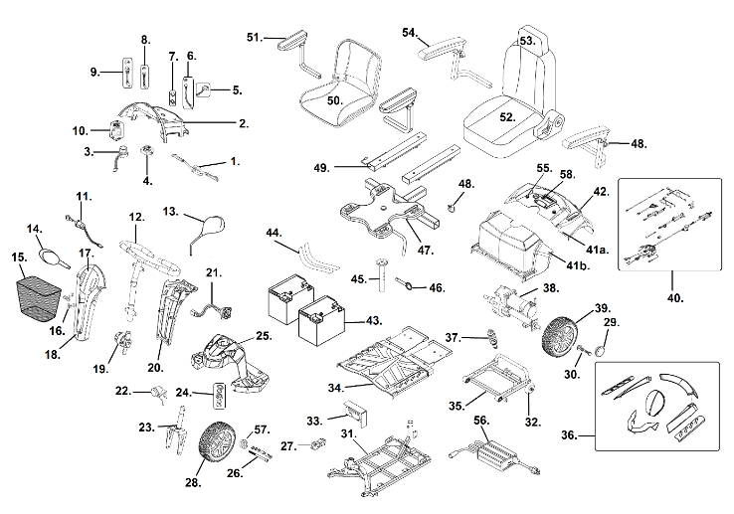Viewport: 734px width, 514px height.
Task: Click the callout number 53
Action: (x=527, y=41)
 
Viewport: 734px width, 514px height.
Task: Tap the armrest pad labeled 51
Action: (x=295, y=41)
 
